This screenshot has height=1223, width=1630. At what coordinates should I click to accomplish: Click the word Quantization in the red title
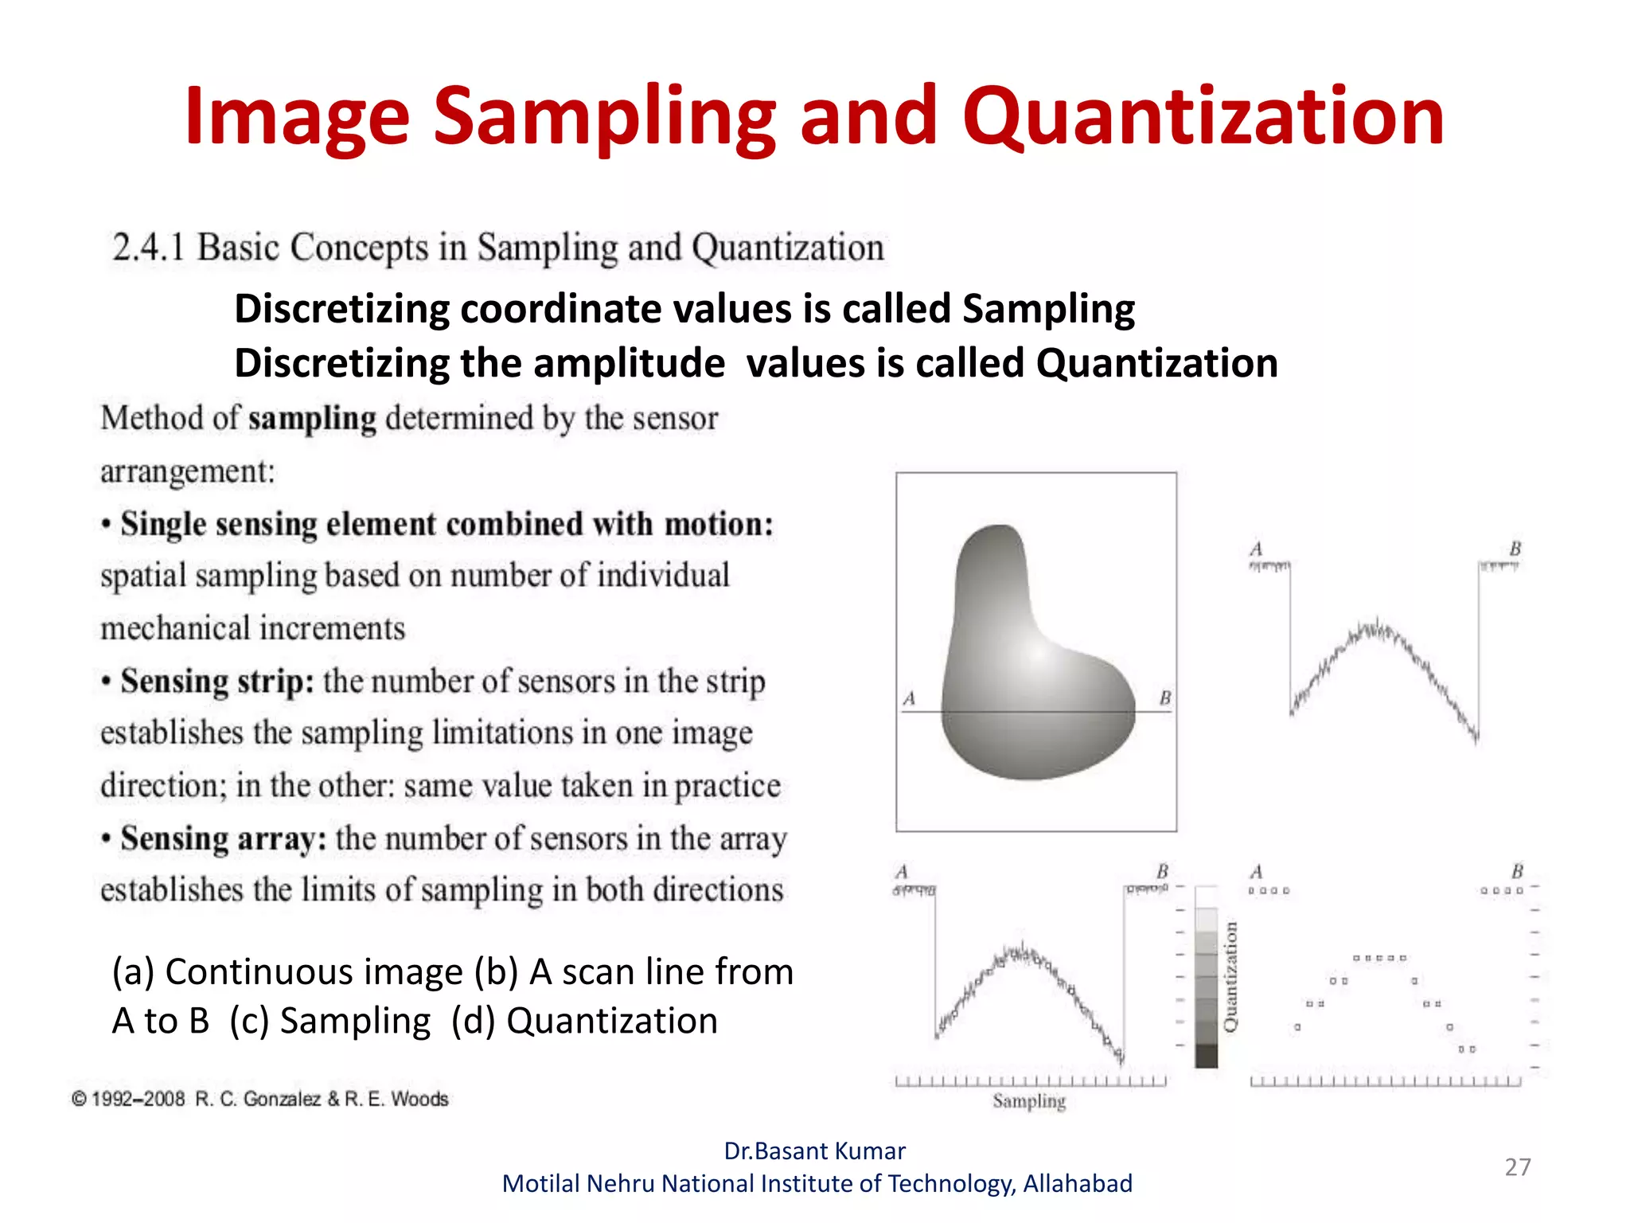pyautogui.click(x=1203, y=118)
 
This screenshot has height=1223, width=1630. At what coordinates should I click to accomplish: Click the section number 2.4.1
pyautogui.click(x=149, y=248)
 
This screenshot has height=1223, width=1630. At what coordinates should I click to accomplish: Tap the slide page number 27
pyautogui.click(x=1517, y=1167)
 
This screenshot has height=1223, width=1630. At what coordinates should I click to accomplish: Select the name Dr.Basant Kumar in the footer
pyautogui.click(x=814, y=1151)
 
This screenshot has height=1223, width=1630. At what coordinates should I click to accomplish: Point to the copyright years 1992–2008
pyautogui.click(x=138, y=1100)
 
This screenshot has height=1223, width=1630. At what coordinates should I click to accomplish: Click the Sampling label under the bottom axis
pyautogui.click(x=1028, y=1101)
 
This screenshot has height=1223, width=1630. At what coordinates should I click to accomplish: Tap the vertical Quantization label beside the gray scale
pyautogui.click(x=1230, y=976)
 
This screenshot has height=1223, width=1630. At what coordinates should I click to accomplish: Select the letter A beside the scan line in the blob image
pyautogui.click(x=909, y=698)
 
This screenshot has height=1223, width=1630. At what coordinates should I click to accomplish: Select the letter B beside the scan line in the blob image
pyautogui.click(x=1165, y=698)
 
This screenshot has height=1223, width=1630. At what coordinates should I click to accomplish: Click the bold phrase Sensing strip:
pyautogui.click(x=216, y=682)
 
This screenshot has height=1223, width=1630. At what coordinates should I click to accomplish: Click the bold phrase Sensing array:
pyautogui.click(x=223, y=839)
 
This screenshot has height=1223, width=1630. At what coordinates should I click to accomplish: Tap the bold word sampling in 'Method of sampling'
pyautogui.click(x=312, y=419)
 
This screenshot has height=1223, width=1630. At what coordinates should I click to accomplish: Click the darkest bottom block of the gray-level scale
pyautogui.click(x=1207, y=1057)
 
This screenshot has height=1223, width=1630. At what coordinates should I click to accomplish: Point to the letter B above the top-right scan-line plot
pyautogui.click(x=1515, y=549)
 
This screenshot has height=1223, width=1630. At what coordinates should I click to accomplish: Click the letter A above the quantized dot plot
pyautogui.click(x=1256, y=872)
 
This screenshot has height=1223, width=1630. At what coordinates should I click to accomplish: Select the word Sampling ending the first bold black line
pyautogui.click(x=1048, y=309)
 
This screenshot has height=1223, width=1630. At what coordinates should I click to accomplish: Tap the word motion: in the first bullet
pyautogui.click(x=719, y=525)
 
